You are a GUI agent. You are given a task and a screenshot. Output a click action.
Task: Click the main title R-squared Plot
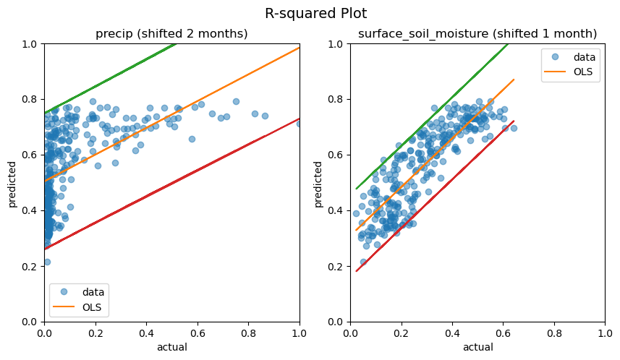[315, 14]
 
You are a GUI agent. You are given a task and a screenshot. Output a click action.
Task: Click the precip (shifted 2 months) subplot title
[171, 34]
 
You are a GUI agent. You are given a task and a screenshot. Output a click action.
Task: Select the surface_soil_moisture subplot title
[477, 34]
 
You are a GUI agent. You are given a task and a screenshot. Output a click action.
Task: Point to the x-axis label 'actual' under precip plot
[171, 347]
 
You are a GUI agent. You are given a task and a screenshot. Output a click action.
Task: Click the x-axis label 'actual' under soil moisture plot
[477, 347]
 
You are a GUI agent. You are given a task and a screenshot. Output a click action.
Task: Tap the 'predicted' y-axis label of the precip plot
[12, 183]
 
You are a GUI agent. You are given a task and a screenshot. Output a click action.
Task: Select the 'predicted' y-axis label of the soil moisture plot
[318, 183]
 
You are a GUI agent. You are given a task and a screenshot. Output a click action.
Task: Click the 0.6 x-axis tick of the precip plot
[198, 333]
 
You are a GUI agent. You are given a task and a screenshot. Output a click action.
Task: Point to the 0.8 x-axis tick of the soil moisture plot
[554, 333]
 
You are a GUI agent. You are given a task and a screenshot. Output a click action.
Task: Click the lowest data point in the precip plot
[47, 262]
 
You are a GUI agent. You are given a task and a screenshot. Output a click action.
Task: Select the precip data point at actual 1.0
[299, 124]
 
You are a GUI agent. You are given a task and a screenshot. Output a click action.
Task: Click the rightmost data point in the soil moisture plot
[514, 128]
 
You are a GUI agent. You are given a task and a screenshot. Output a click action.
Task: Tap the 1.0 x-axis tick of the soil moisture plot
[606, 333]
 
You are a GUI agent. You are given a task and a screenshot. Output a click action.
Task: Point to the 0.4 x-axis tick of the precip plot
[146, 333]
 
